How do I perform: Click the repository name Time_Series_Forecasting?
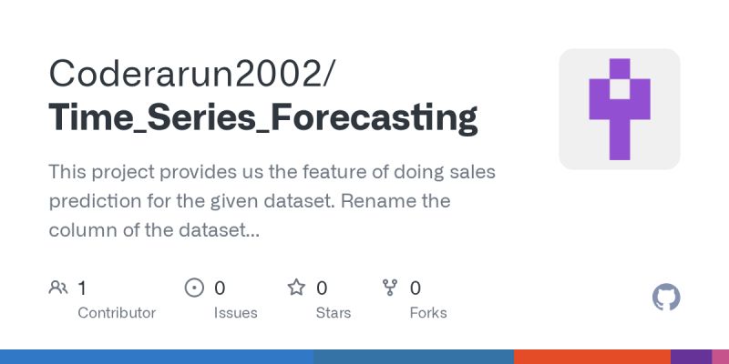pos(262,118)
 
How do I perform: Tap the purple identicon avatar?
pos(619,109)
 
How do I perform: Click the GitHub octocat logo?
pos(667,298)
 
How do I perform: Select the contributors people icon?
pos(58,288)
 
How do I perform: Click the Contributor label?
pos(117,312)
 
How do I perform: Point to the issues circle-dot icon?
pos(194,288)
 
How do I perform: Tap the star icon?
pos(296,288)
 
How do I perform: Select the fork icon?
pos(390,288)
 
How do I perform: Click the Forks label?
pos(428,312)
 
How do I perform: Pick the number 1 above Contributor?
pos(82,288)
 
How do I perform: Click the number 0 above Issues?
pos(220,288)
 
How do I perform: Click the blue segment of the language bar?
pos(155,357)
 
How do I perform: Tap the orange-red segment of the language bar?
pos(592,357)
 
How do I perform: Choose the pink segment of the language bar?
pos(720,357)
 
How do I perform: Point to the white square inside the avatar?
pos(620,89)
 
